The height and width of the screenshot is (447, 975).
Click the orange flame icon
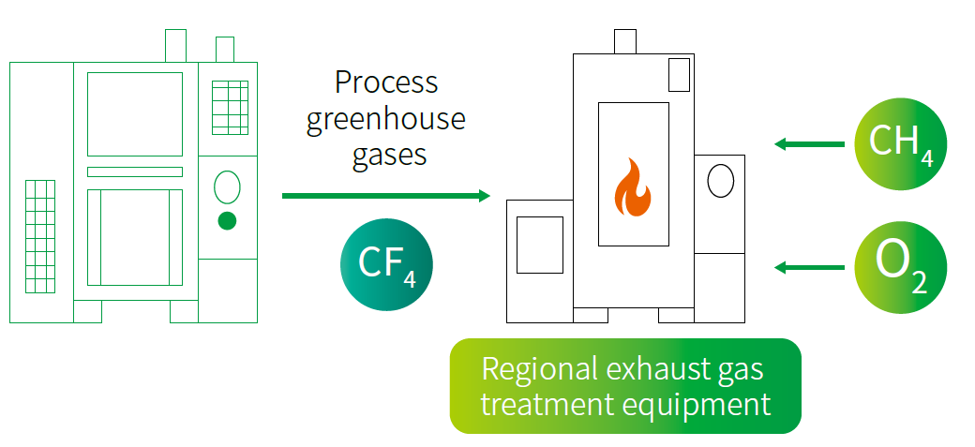(633, 187)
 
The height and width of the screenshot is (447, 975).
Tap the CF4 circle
(386, 264)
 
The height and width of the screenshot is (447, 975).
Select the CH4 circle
(900, 144)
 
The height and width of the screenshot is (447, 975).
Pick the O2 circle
(900, 267)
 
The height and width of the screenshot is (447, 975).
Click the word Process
(386, 82)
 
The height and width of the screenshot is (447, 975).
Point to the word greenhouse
(385, 118)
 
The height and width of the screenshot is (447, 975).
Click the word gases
(390, 154)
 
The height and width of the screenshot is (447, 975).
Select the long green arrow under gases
(386, 196)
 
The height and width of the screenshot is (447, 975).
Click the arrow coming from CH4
(810, 144)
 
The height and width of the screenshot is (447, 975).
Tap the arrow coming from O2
(810, 267)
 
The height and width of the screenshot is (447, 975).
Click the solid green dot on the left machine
(227, 221)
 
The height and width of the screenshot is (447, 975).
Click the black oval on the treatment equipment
(721, 180)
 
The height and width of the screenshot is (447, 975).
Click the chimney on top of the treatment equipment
(625, 41)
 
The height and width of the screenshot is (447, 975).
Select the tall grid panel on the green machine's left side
(40, 236)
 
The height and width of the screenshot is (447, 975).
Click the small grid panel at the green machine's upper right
(230, 108)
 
